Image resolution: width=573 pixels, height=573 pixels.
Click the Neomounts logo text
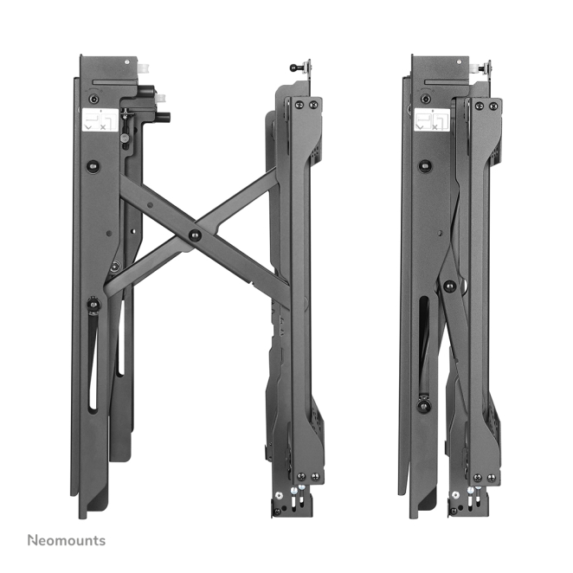(67, 540)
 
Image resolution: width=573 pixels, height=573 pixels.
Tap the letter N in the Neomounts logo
(32, 540)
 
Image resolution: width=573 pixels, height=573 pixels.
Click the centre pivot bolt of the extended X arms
(195, 235)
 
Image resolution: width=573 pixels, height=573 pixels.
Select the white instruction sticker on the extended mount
(100, 119)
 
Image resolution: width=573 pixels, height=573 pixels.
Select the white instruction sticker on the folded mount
(432, 119)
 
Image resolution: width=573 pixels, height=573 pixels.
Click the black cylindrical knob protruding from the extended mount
(164, 118)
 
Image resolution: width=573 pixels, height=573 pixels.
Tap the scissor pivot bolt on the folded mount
(449, 286)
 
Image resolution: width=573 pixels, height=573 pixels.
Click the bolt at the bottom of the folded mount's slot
(424, 404)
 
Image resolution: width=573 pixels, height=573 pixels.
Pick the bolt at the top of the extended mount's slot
(94, 304)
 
